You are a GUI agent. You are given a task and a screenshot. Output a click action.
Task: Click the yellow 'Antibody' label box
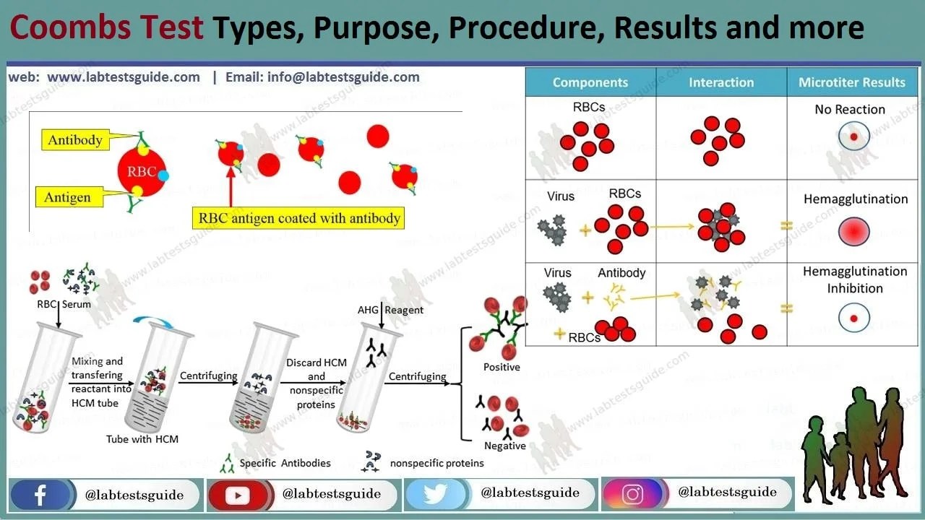(x=75, y=140)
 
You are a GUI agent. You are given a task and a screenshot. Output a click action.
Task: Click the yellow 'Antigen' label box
(x=67, y=197)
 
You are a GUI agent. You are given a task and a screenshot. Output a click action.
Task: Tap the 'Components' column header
(x=590, y=82)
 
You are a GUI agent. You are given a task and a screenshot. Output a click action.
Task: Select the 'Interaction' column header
(x=720, y=82)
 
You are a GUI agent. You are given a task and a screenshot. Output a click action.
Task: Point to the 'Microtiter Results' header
(x=851, y=82)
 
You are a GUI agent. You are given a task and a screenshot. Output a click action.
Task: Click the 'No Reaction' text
(x=849, y=110)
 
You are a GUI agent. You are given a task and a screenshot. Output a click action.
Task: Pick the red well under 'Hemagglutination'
(x=853, y=233)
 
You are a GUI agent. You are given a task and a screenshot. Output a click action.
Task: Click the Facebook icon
(x=40, y=495)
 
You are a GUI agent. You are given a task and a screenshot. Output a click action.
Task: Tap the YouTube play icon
(x=237, y=495)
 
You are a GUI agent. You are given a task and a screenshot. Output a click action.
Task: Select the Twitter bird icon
(x=434, y=495)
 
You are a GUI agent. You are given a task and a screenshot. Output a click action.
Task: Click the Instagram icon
(x=632, y=495)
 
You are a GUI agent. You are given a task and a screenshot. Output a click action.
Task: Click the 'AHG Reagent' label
(x=390, y=310)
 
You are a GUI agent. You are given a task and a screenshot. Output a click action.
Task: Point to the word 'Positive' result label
(x=502, y=367)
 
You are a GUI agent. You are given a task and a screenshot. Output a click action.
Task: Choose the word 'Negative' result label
(x=504, y=446)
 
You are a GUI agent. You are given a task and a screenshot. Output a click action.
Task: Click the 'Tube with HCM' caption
(x=142, y=438)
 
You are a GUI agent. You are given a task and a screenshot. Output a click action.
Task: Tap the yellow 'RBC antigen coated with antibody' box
(x=298, y=218)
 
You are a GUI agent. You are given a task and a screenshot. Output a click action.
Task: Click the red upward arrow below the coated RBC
(x=231, y=188)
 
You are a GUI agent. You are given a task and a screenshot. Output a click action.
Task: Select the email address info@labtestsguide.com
(x=322, y=77)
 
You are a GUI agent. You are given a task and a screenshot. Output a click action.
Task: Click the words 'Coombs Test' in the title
(x=106, y=28)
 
